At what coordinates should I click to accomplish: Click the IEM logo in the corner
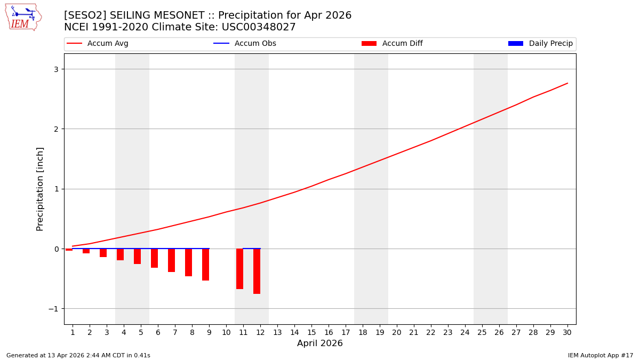23,17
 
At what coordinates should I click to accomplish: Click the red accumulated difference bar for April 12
257,271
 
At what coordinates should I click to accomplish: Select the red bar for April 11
239,269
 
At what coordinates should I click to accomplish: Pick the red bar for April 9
205,265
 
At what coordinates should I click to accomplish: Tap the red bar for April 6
154,258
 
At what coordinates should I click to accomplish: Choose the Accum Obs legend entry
245,44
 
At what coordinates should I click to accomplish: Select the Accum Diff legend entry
392,44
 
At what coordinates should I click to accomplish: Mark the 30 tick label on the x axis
567,332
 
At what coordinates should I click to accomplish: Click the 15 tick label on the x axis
311,332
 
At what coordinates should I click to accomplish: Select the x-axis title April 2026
319,343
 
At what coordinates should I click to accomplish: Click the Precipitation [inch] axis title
40,189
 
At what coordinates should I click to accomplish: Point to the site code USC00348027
258,27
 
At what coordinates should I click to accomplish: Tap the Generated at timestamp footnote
78,355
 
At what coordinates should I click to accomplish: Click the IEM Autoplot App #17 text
600,355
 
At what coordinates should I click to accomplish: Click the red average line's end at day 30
567,83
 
